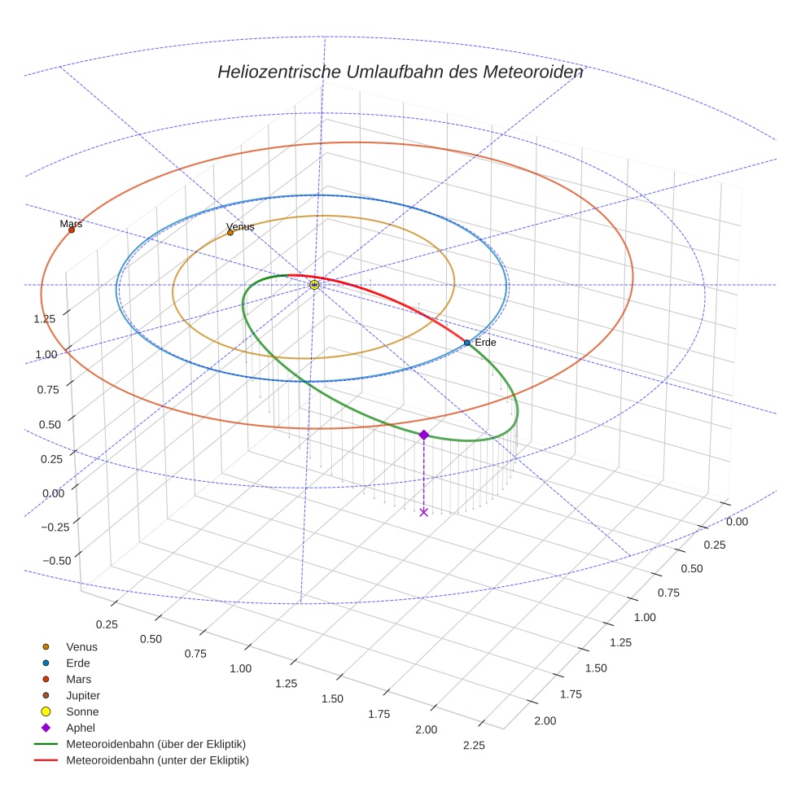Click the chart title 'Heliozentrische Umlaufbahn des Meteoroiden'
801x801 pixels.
pyautogui.click(x=400, y=72)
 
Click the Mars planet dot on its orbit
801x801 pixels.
pyautogui.click(x=72, y=230)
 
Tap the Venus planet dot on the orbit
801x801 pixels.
pyautogui.click(x=230, y=232)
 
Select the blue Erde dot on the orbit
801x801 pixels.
pyautogui.click(x=466, y=343)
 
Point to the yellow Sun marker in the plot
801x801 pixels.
pyautogui.click(x=314, y=285)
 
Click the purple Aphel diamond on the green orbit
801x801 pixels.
pyautogui.click(x=423, y=435)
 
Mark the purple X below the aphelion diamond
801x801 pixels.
pyautogui.click(x=423, y=512)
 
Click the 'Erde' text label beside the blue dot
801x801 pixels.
pyautogui.click(x=485, y=343)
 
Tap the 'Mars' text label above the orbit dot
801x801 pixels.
pyautogui.click(x=71, y=223)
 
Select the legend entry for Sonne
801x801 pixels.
pyautogui.click(x=82, y=711)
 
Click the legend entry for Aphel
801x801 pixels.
pyautogui.click(x=81, y=728)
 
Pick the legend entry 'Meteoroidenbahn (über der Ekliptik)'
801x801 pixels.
pyautogui.click(x=155, y=744)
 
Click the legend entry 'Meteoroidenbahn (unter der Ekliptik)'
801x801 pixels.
pyautogui.click(x=157, y=760)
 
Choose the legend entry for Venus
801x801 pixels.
pyautogui.click(x=81, y=646)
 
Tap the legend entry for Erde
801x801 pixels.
pyautogui.click(x=78, y=663)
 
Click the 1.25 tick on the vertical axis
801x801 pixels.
pyautogui.click(x=45, y=318)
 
